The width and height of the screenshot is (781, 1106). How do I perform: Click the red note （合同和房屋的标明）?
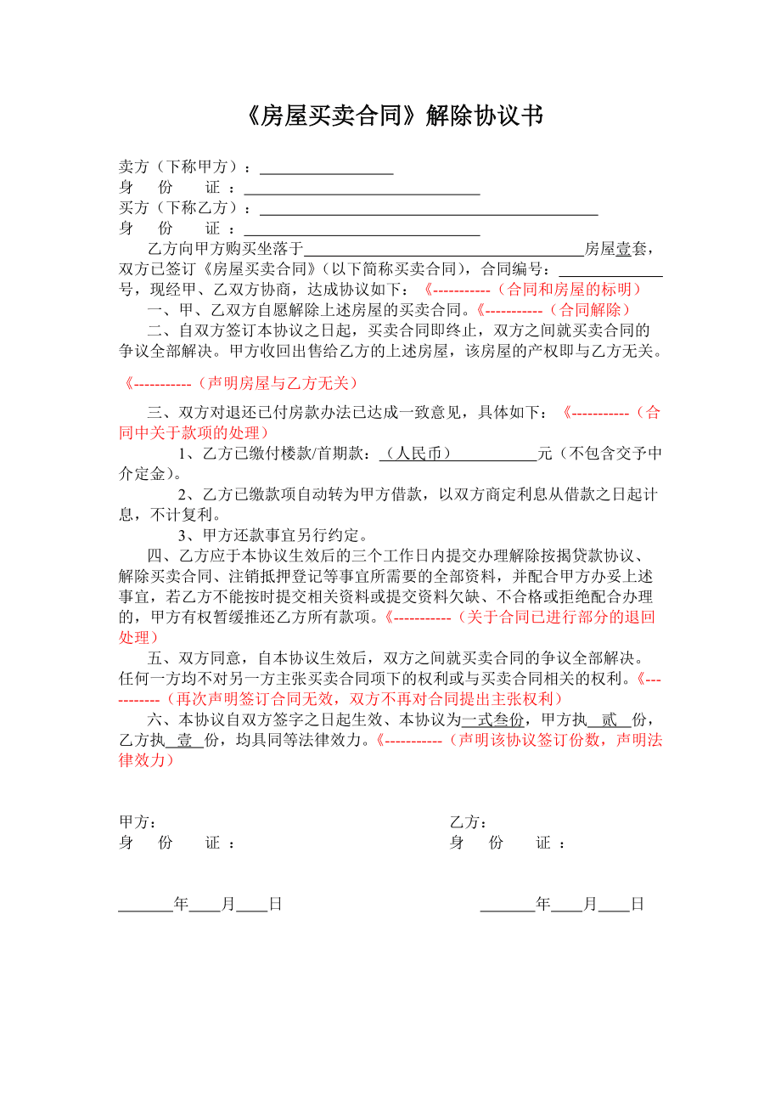(570, 290)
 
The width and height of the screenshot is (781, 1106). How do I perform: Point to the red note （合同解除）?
(592, 310)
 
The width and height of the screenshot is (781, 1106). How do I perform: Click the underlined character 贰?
(609, 719)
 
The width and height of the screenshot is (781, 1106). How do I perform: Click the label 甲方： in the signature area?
(137, 822)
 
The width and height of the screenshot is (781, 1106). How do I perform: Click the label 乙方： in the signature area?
(468, 822)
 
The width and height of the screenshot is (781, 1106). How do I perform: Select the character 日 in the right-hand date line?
(638, 905)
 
